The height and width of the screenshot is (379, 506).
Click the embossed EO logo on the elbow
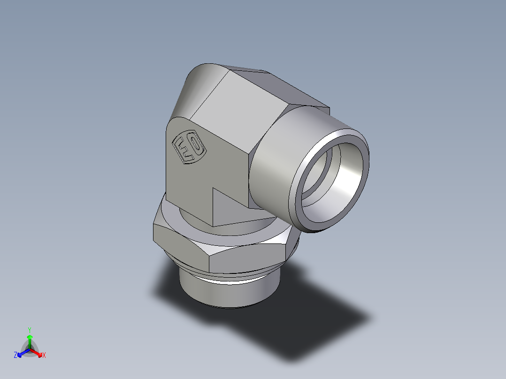click(x=189, y=148)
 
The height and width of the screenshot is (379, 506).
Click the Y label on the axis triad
click(x=30, y=330)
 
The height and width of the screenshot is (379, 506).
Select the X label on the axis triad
click(x=44, y=356)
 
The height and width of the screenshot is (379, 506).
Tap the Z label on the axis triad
click(x=15, y=356)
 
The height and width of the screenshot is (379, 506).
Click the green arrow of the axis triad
click(x=30, y=341)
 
